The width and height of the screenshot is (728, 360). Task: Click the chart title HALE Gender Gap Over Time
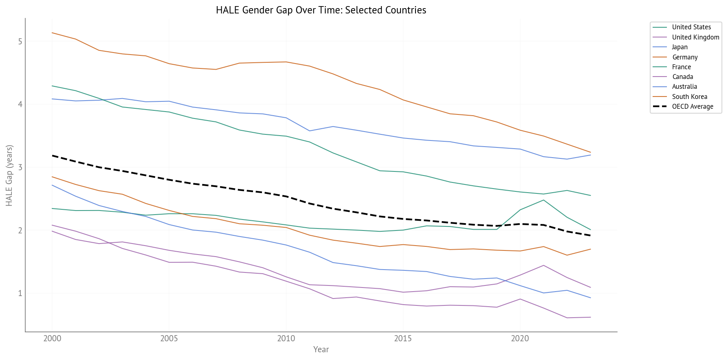[x=321, y=10]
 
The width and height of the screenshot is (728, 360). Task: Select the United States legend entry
[x=691, y=27]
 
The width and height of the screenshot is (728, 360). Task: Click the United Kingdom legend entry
[x=695, y=37]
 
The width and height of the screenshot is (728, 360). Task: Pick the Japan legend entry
[x=680, y=47]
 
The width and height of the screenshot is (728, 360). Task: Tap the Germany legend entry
[x=684, y=57]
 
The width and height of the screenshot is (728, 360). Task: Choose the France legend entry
[x=681, y=67]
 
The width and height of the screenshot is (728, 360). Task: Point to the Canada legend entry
[x=682, y=77]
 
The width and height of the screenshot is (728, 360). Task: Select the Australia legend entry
[x=684, y=86]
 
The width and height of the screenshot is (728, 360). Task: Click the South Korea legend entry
[x=689, y=97]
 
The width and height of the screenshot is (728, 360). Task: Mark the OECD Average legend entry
[x=692, y=106]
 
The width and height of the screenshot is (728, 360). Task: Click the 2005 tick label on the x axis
[x=169, y=338]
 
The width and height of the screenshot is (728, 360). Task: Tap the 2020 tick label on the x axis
[x=520, y=338]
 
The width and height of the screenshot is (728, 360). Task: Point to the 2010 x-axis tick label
[x=286, y=338]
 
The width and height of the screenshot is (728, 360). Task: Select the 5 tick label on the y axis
[x=20, y=42]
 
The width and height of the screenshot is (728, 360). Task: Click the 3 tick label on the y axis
[x=20, y=167]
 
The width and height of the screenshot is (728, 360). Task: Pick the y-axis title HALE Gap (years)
[x=9, y=175]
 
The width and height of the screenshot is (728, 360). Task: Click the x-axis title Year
[x=321, y=349]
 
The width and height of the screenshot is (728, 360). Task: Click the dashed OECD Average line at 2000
[x=52, y=156]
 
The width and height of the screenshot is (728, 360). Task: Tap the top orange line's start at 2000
[x=52, y=33]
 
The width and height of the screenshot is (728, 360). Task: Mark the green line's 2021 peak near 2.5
[x=543, y=200]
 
